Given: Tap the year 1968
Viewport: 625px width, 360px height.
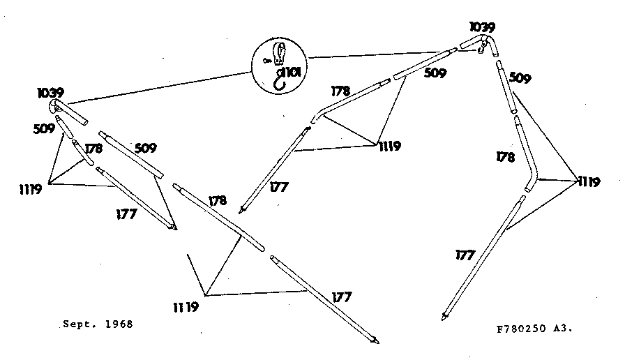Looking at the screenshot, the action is tap(119, 324).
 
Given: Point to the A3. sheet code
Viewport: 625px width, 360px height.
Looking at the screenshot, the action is tap(563, 329).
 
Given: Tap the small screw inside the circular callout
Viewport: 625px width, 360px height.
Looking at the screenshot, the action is tap(267, 61).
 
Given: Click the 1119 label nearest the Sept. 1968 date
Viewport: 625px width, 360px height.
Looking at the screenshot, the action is tap(186, 307).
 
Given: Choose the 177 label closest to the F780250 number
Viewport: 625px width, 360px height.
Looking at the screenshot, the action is tap(465, 255).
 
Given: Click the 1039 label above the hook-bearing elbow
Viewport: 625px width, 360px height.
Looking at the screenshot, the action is tap(482, 27).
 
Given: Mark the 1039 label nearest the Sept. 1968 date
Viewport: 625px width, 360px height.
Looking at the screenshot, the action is tap(51, 93).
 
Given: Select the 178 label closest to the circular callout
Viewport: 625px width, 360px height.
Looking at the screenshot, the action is tap(340, 91).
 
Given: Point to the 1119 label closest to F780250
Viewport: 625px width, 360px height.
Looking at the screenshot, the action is tap(589, 182).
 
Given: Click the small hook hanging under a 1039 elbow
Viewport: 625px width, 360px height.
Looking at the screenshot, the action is tap(481, 50).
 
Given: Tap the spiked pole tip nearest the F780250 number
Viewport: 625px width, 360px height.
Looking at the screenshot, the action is tap(444, 317).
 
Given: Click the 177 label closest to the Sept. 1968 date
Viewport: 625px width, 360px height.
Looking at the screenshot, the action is tap(126, 214).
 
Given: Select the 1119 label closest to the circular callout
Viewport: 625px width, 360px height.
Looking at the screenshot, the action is tap(389, 147).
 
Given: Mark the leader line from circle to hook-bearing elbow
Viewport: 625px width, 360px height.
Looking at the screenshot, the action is tap(375, 55).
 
